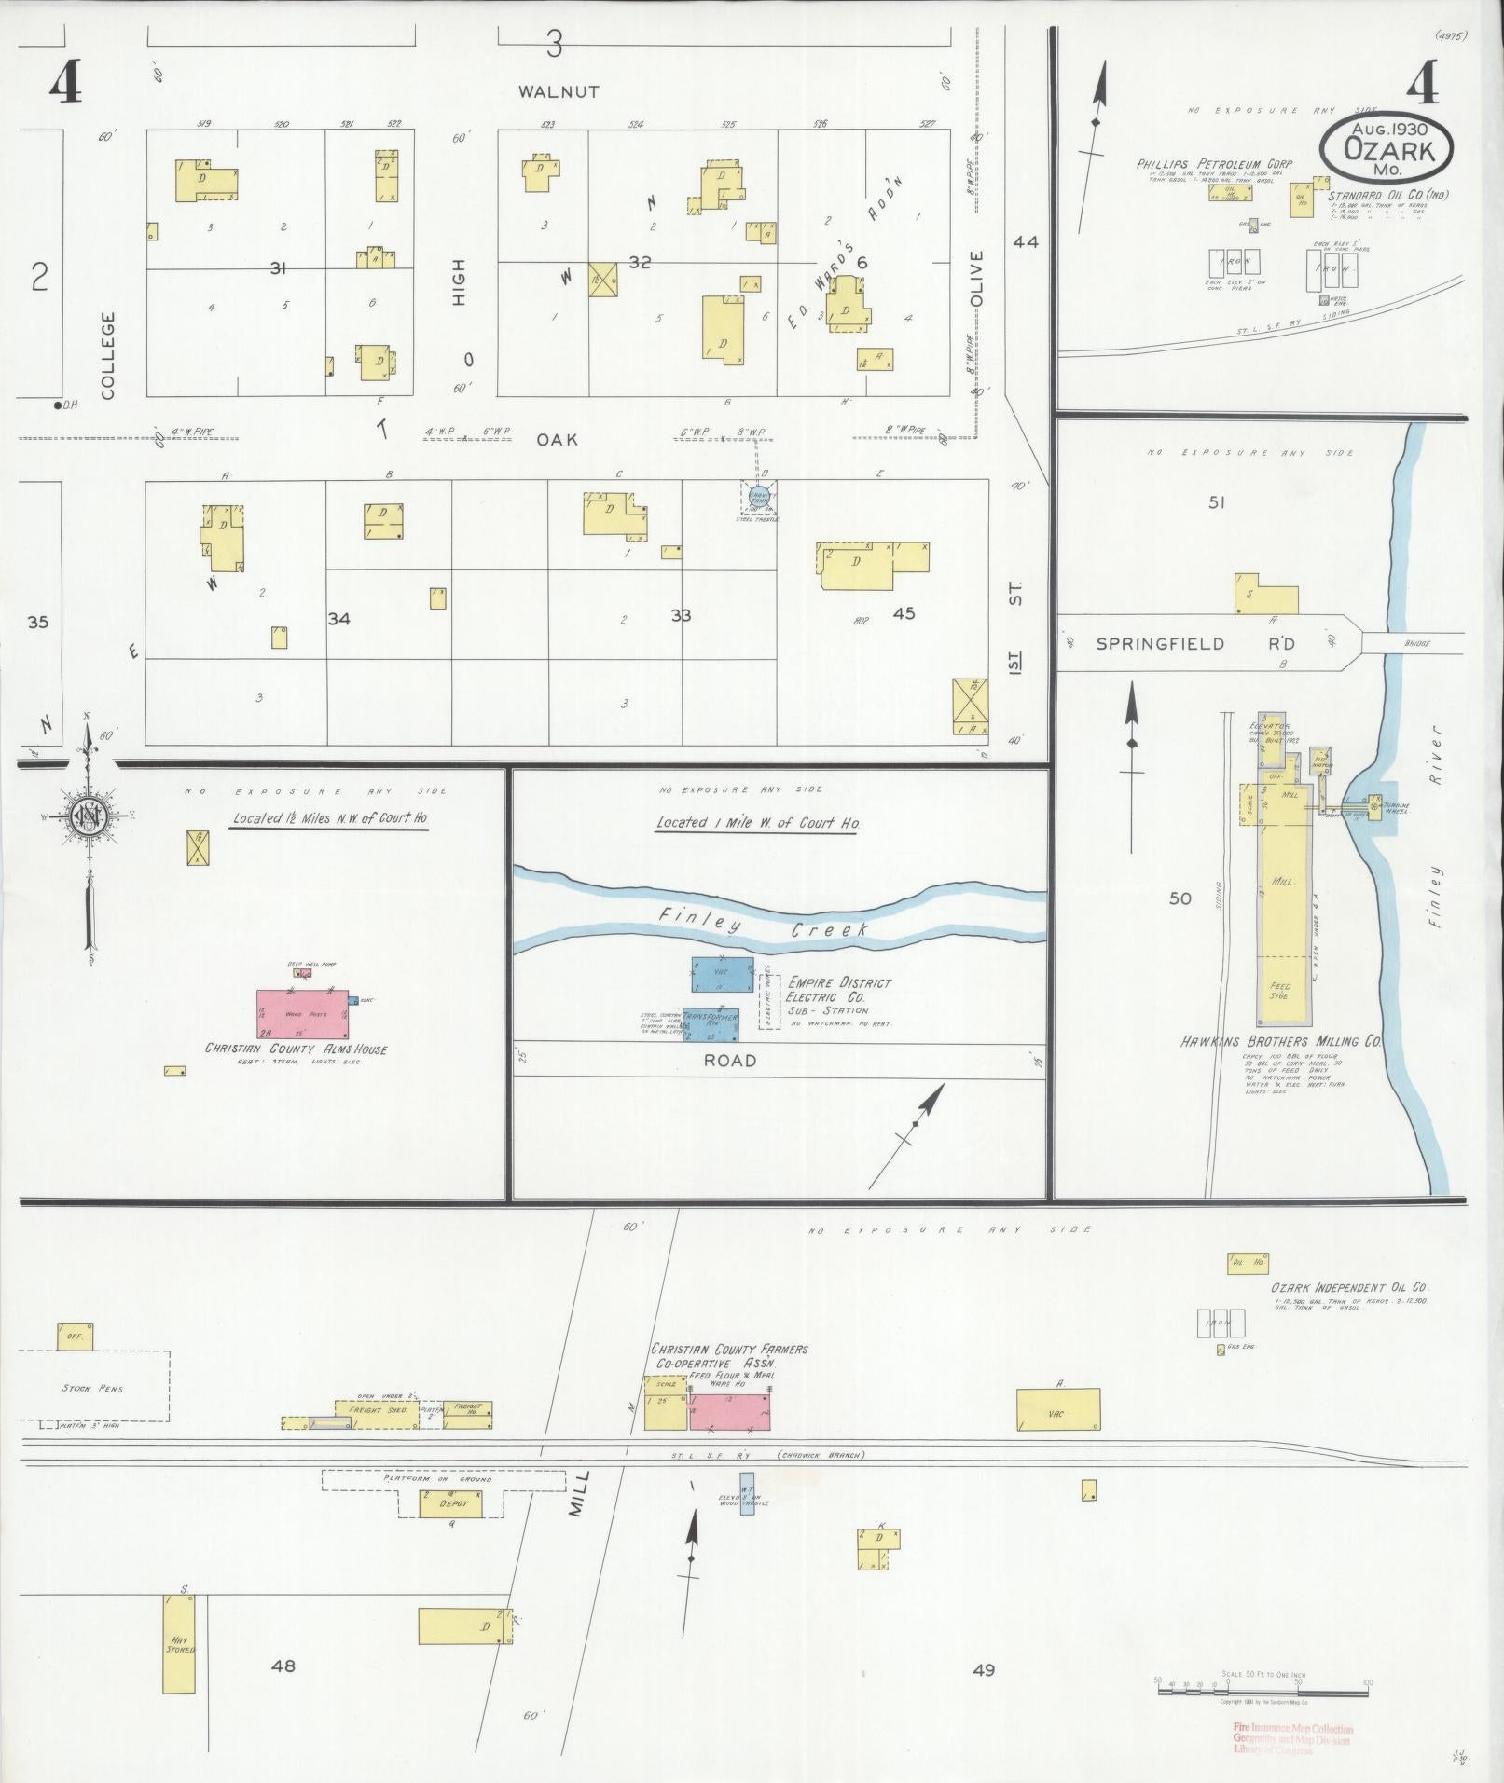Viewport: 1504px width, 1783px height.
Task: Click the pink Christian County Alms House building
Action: click(302, 1016)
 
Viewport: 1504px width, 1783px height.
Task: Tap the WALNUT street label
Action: click(559, 92)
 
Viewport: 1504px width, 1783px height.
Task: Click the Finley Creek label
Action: click(763, 926)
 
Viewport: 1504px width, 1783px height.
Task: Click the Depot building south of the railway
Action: click(450, 1503)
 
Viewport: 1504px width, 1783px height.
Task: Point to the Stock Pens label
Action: click(92, 1388)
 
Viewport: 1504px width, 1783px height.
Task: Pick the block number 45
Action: click(903, 613)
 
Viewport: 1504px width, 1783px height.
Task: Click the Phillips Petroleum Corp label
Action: click(1200, 164)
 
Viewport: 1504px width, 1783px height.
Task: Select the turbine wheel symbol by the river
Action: click(1374, 801)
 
